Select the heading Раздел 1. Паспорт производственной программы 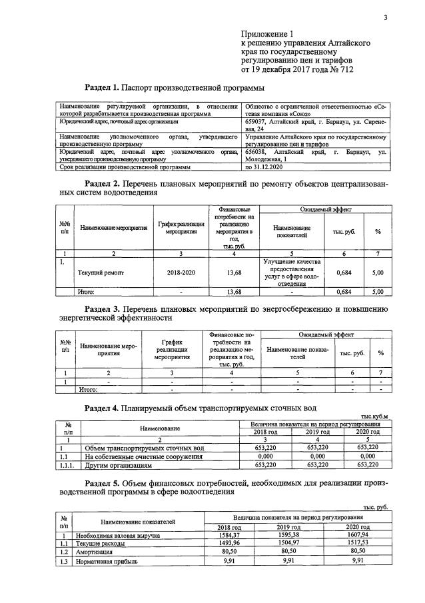(x=175, y=87)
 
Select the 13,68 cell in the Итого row (x=234, y=291)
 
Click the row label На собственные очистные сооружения (x=144, y=456)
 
